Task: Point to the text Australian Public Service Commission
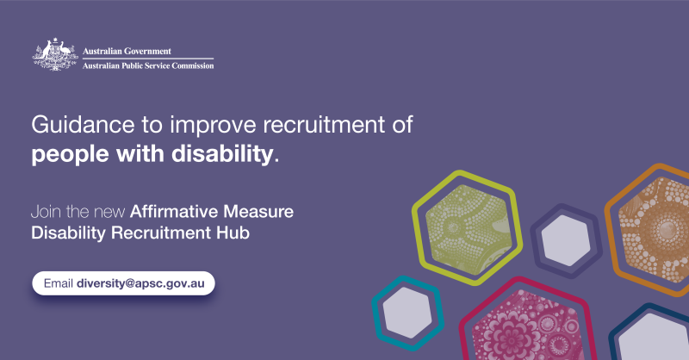[148, 65]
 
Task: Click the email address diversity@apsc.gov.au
[145, 283]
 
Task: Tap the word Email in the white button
[57, 283]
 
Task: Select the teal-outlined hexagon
[406, 307]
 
